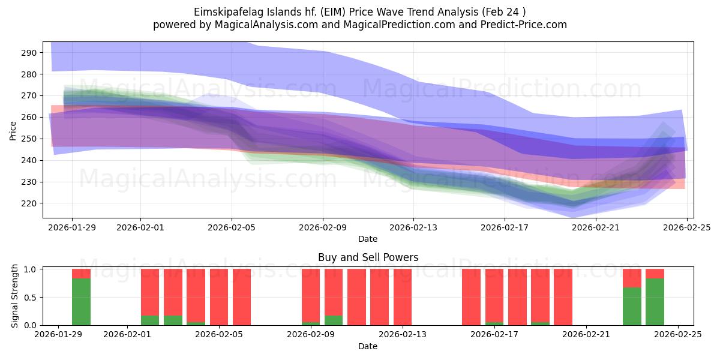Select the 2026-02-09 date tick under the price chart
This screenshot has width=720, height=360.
tap(322, 227)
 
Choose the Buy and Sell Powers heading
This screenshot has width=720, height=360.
tap(368, 257)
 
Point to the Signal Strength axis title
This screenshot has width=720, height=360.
tap(16, 297)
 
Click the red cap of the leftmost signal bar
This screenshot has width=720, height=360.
tap(81, 274)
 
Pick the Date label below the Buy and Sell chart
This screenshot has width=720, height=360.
tap(368, 346)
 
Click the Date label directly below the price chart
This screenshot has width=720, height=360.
tap(368, 239)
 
